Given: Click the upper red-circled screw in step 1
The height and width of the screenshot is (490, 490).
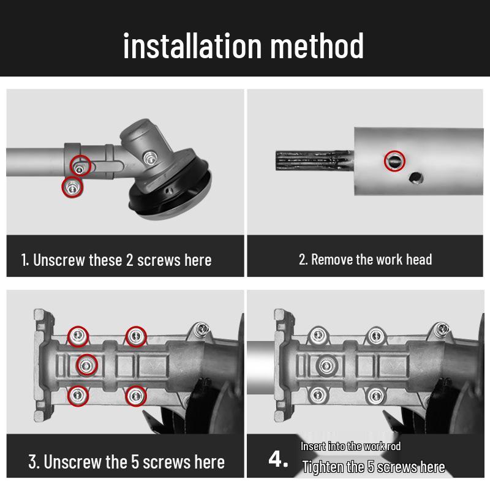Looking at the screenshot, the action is [80, 165].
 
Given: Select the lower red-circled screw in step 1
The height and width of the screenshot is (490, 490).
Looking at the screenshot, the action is [72, 187].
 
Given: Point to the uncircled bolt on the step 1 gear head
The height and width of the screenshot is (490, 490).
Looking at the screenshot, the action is [151, 158].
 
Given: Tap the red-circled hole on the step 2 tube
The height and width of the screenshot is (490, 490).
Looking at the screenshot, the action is [394, 161].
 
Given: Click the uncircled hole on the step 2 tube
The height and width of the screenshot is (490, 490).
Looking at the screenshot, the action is [417, 178].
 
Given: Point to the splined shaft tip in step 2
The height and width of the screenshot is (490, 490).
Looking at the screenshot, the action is [314, 160].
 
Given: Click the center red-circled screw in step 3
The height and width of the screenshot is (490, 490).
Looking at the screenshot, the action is [87, 365].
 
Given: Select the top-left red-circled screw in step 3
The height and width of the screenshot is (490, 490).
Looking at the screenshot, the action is [78, 336].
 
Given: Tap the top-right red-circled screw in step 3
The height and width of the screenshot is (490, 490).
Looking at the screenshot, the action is [136, 336].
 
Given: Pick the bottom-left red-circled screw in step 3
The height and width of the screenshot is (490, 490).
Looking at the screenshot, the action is [78, 396].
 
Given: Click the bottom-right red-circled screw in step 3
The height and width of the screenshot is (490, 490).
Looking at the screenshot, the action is [136, 396].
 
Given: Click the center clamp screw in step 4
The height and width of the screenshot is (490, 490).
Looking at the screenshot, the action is [327, 365].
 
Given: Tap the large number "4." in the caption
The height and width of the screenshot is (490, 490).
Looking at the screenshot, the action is [278, 460].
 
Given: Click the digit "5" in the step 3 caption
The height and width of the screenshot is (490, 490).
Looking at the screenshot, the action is [135, 462].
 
